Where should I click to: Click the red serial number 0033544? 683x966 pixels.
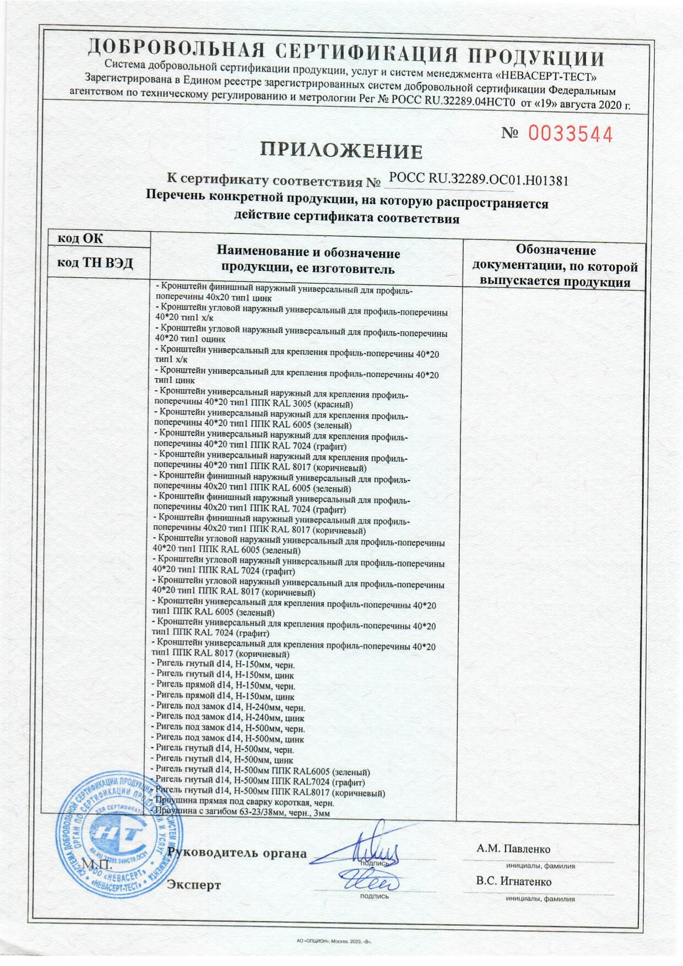point(570,134)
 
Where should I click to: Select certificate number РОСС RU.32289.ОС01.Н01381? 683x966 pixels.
point(478,179)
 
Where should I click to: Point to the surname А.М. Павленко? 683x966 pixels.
point(513,849)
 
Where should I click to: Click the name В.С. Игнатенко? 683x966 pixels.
point(514,881)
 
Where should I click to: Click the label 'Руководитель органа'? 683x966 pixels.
point(237,853)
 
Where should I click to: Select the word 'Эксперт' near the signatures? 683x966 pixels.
point(194,885)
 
